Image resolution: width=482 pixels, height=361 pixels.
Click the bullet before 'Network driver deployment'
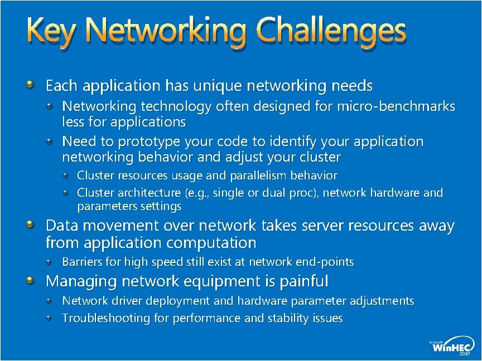pos(50,301)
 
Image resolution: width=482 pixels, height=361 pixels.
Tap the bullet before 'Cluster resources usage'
pos(66,175)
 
